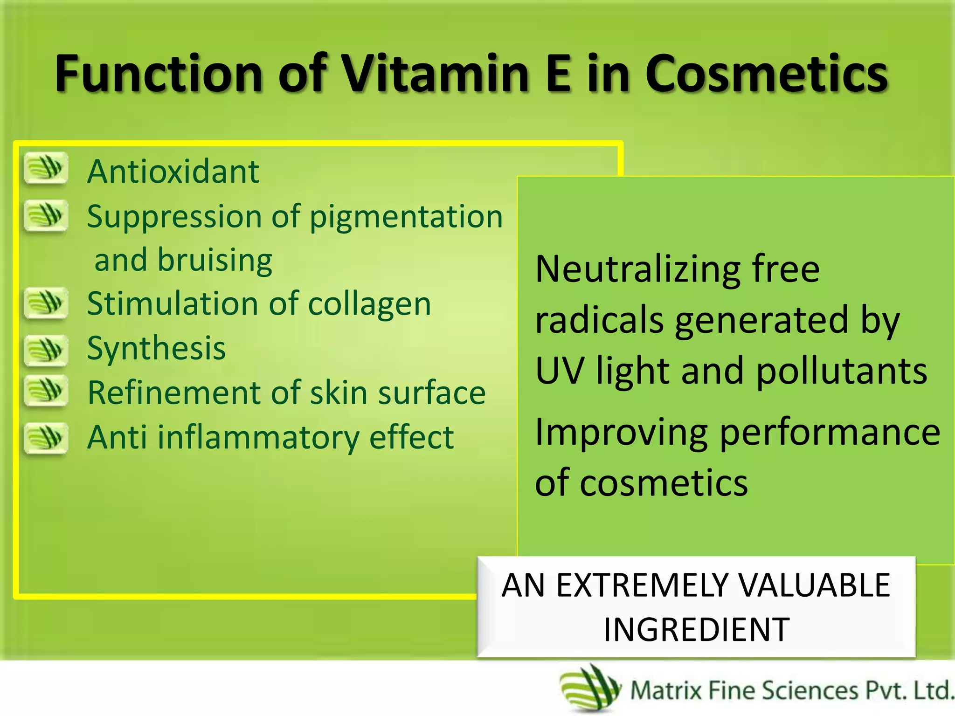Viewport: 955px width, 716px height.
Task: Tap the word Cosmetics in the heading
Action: [x=767, y=74]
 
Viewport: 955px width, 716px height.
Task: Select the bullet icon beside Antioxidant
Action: [x=46, y=168]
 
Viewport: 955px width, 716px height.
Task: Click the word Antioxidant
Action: [x=173, y=172]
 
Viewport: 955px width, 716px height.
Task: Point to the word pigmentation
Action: [x=406, y=217]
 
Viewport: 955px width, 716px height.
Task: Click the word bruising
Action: [x=215, y=260]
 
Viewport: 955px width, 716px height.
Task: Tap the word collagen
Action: [x=369, y=304]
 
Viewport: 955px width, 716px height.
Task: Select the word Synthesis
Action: [x=156, y=348]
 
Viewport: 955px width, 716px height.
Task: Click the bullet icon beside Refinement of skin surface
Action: [x=46, y=391]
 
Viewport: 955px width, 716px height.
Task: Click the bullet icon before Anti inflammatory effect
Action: [x=46, y=438]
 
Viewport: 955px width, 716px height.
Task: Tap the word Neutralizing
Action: [x=637, y=270]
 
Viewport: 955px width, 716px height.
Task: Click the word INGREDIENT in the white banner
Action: [x=697, y=630]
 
